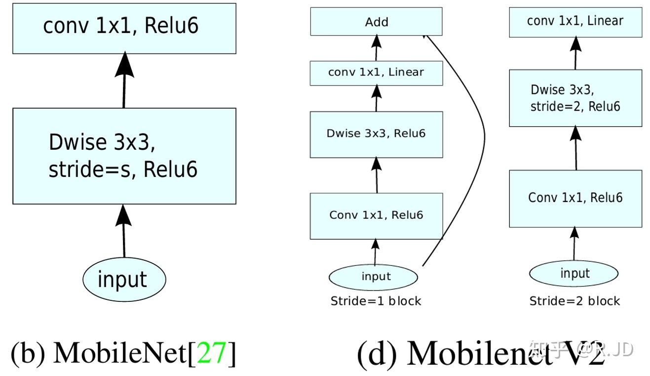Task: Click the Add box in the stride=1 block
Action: click(376, 22)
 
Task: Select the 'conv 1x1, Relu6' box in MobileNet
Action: click(124, 28)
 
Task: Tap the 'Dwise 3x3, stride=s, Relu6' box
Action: click(124, 156)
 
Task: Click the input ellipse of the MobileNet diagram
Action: click(123, 279)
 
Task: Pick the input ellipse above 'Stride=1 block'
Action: click(376, 276)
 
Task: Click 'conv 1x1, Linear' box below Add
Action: click(376, 73)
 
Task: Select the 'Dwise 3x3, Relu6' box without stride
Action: click(376, 134)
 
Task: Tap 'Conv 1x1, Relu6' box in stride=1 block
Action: click(376, 215)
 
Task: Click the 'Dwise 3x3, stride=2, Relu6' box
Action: click(575, 98)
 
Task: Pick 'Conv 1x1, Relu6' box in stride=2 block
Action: click(575, 198)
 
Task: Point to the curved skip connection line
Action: click(483, 143)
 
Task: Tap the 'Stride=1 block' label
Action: click(376, 301)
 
